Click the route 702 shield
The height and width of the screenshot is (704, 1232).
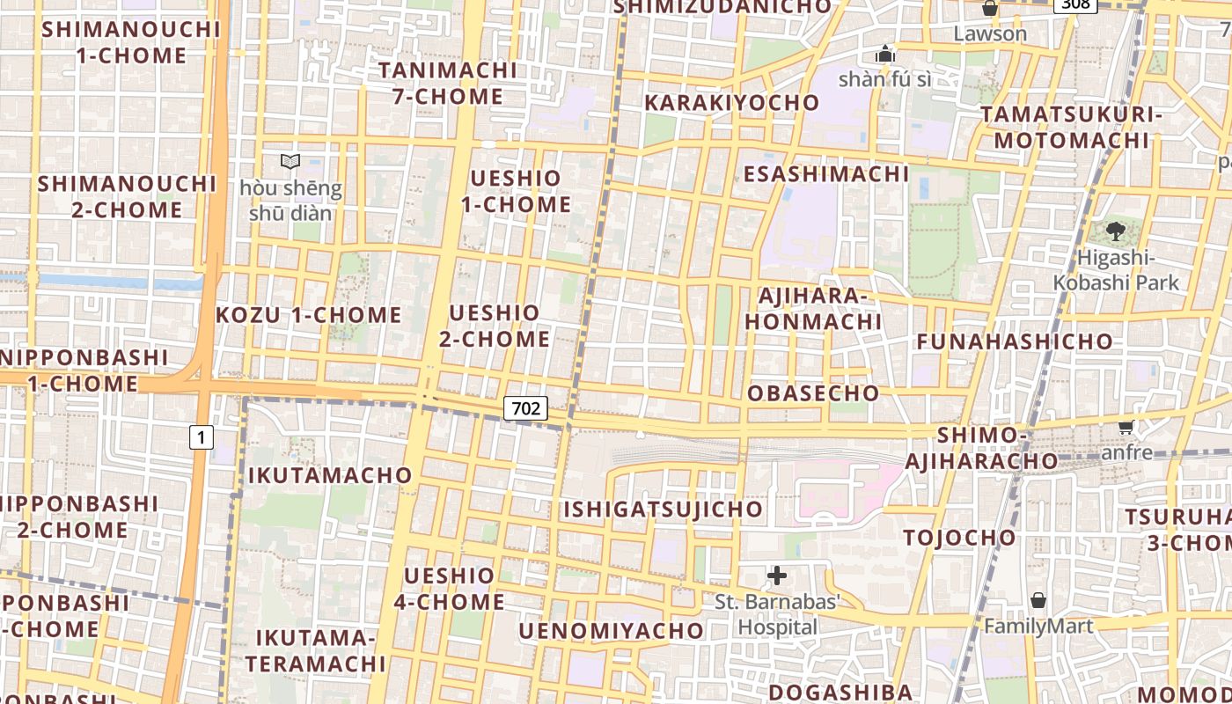[526, 408]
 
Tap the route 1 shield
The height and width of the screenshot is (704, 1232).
[202, 436]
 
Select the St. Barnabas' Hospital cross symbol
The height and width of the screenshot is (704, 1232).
[776, 576]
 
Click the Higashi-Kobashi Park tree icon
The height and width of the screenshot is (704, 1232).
[1116, 231]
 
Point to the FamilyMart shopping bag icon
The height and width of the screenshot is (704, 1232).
[1038, 601]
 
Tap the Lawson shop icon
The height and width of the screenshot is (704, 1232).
[990, 9]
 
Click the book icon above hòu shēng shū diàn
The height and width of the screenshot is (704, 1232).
[290, 161]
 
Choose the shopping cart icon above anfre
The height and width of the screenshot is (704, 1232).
[1126, 427]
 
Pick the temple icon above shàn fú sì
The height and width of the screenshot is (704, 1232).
[885, 55]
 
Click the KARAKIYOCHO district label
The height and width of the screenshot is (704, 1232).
[732, 103]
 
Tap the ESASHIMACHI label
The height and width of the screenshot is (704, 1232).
[826, 174]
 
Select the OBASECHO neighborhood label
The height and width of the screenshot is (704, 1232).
[813, 393]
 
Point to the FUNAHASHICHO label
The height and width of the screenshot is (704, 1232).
[1015, 341]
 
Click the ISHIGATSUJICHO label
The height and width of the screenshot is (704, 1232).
[664, 510]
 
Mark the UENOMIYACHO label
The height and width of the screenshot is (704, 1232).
[612, 631]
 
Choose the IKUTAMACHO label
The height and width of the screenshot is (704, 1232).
[330, 475]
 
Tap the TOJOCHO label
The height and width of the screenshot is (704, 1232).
[959, 538]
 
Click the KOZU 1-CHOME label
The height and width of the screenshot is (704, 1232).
[309, 315]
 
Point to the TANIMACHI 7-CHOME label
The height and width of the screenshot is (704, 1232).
[448, 83]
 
